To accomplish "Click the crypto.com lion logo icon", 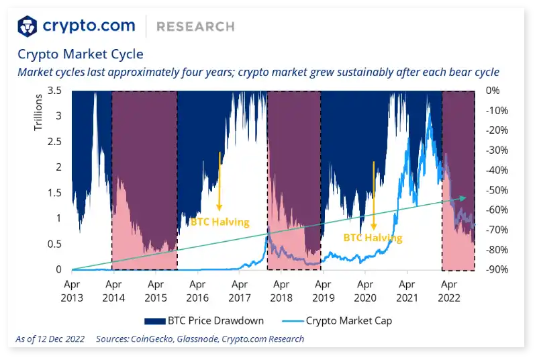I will (28, 26).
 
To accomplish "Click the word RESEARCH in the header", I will (195, 27).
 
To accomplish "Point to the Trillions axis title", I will (38, 113).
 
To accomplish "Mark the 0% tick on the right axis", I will (492, 90).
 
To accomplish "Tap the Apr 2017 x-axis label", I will (239, 289).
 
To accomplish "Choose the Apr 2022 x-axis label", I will (448, 289).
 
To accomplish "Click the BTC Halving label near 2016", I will (219, 222).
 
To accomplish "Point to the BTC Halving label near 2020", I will (373, 238).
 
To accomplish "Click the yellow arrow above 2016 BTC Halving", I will (219, 181).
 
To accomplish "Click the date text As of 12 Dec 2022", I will (50, 339).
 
